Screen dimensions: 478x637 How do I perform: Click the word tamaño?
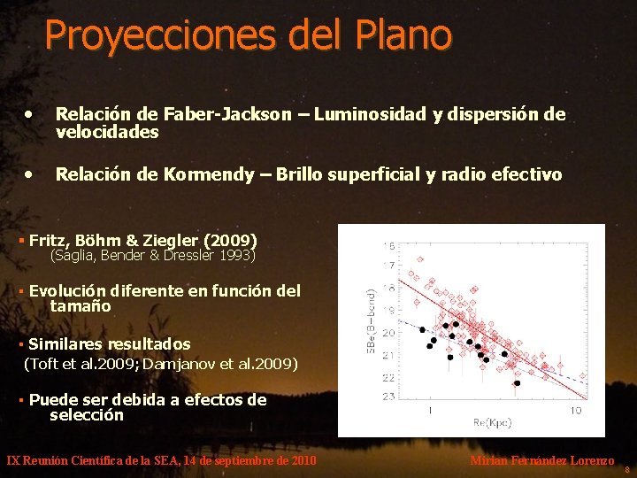click(81, 306)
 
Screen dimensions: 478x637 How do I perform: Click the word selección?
click(87, 415)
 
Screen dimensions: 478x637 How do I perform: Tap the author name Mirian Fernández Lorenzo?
click(541, 461)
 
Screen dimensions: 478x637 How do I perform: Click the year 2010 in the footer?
click(302, 461)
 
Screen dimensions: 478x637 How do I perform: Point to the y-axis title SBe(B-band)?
click(372, 320)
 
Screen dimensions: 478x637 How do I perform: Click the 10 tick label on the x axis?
click(575, 411)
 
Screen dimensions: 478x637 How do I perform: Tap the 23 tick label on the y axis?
click(388, 397)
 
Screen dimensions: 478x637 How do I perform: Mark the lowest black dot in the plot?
click(518, 383)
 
